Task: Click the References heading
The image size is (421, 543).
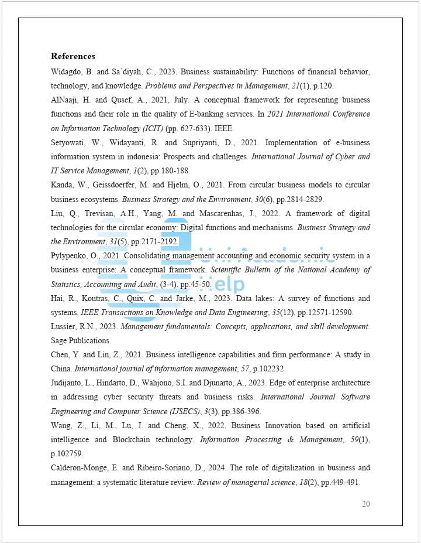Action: (73, 56)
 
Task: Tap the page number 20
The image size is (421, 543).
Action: (365, 504)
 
